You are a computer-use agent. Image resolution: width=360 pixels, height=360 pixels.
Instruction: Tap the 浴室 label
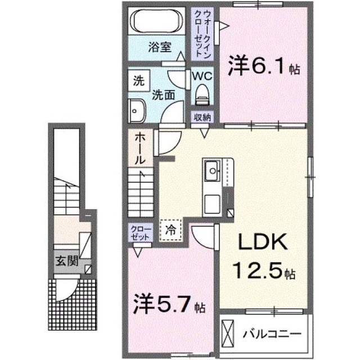coord(160,47)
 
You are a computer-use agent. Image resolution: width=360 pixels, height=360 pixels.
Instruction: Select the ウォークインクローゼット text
coord(202,34)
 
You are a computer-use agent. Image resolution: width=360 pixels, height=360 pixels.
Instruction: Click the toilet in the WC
coord(202,94)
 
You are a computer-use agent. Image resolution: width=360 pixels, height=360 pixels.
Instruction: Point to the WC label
coord(202,76)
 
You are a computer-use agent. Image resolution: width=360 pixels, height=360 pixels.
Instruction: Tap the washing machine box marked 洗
coord(139,81)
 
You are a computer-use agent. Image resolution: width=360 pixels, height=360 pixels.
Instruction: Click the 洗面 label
coord(164,95)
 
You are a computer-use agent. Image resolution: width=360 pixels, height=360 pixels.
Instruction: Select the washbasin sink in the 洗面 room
coord(137,111)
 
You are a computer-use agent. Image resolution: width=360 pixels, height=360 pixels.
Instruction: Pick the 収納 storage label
coord(202,118)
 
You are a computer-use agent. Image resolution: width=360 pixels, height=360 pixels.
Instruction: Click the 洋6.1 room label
coord(264,66)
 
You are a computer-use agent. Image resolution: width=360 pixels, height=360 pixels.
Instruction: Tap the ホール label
coord(140,149)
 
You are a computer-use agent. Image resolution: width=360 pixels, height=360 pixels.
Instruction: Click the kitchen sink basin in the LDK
coord(213,171)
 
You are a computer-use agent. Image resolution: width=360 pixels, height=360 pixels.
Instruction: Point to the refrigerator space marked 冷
coord(171,230)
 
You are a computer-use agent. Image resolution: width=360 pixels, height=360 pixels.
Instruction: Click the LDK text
coord(263,242)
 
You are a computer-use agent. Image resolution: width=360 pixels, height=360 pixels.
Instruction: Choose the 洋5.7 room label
coord(169,304)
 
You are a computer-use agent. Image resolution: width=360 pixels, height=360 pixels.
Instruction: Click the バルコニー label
coord(272,334)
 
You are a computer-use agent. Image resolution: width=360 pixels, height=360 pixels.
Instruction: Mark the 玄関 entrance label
coord(67,261)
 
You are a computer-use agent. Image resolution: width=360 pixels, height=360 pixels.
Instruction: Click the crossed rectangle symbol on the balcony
coord(227,334)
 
